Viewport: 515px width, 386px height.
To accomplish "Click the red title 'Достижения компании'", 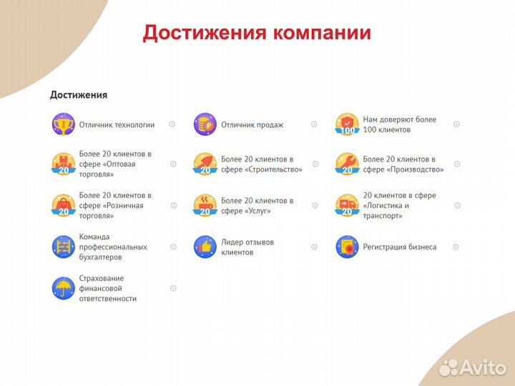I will click(257, 33).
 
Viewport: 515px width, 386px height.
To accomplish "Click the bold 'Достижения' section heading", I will click(78, 94).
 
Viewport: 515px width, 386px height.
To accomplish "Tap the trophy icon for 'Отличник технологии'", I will click(63, 124).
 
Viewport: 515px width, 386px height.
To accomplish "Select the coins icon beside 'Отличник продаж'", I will click(205, 124).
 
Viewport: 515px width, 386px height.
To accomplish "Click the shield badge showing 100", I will click(347, 124).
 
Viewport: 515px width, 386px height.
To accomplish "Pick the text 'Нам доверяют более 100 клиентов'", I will click(399, 124).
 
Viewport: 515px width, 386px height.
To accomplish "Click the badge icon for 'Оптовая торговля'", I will click(63, 164).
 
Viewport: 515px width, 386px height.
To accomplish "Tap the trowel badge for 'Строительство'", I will click(205, 164).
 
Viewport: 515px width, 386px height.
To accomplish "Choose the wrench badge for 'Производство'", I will click(347, 164).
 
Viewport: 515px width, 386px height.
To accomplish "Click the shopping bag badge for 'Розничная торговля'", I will click(63, 205).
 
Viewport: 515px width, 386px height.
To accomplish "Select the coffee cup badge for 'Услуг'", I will click(205, 205).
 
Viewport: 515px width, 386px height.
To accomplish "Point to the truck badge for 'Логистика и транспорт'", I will click(347, 205).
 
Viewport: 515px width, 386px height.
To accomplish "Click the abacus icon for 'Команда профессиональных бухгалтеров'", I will click(63, 247).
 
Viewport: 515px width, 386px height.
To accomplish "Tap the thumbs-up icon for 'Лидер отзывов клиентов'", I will click(205, 247).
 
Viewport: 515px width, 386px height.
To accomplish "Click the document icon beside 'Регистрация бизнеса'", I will click(347, 247).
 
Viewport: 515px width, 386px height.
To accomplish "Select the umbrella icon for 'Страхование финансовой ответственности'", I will click(63, 288).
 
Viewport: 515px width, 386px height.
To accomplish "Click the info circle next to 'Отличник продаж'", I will click(314, 124).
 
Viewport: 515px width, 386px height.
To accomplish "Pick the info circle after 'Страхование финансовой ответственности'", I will click(173, 288).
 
